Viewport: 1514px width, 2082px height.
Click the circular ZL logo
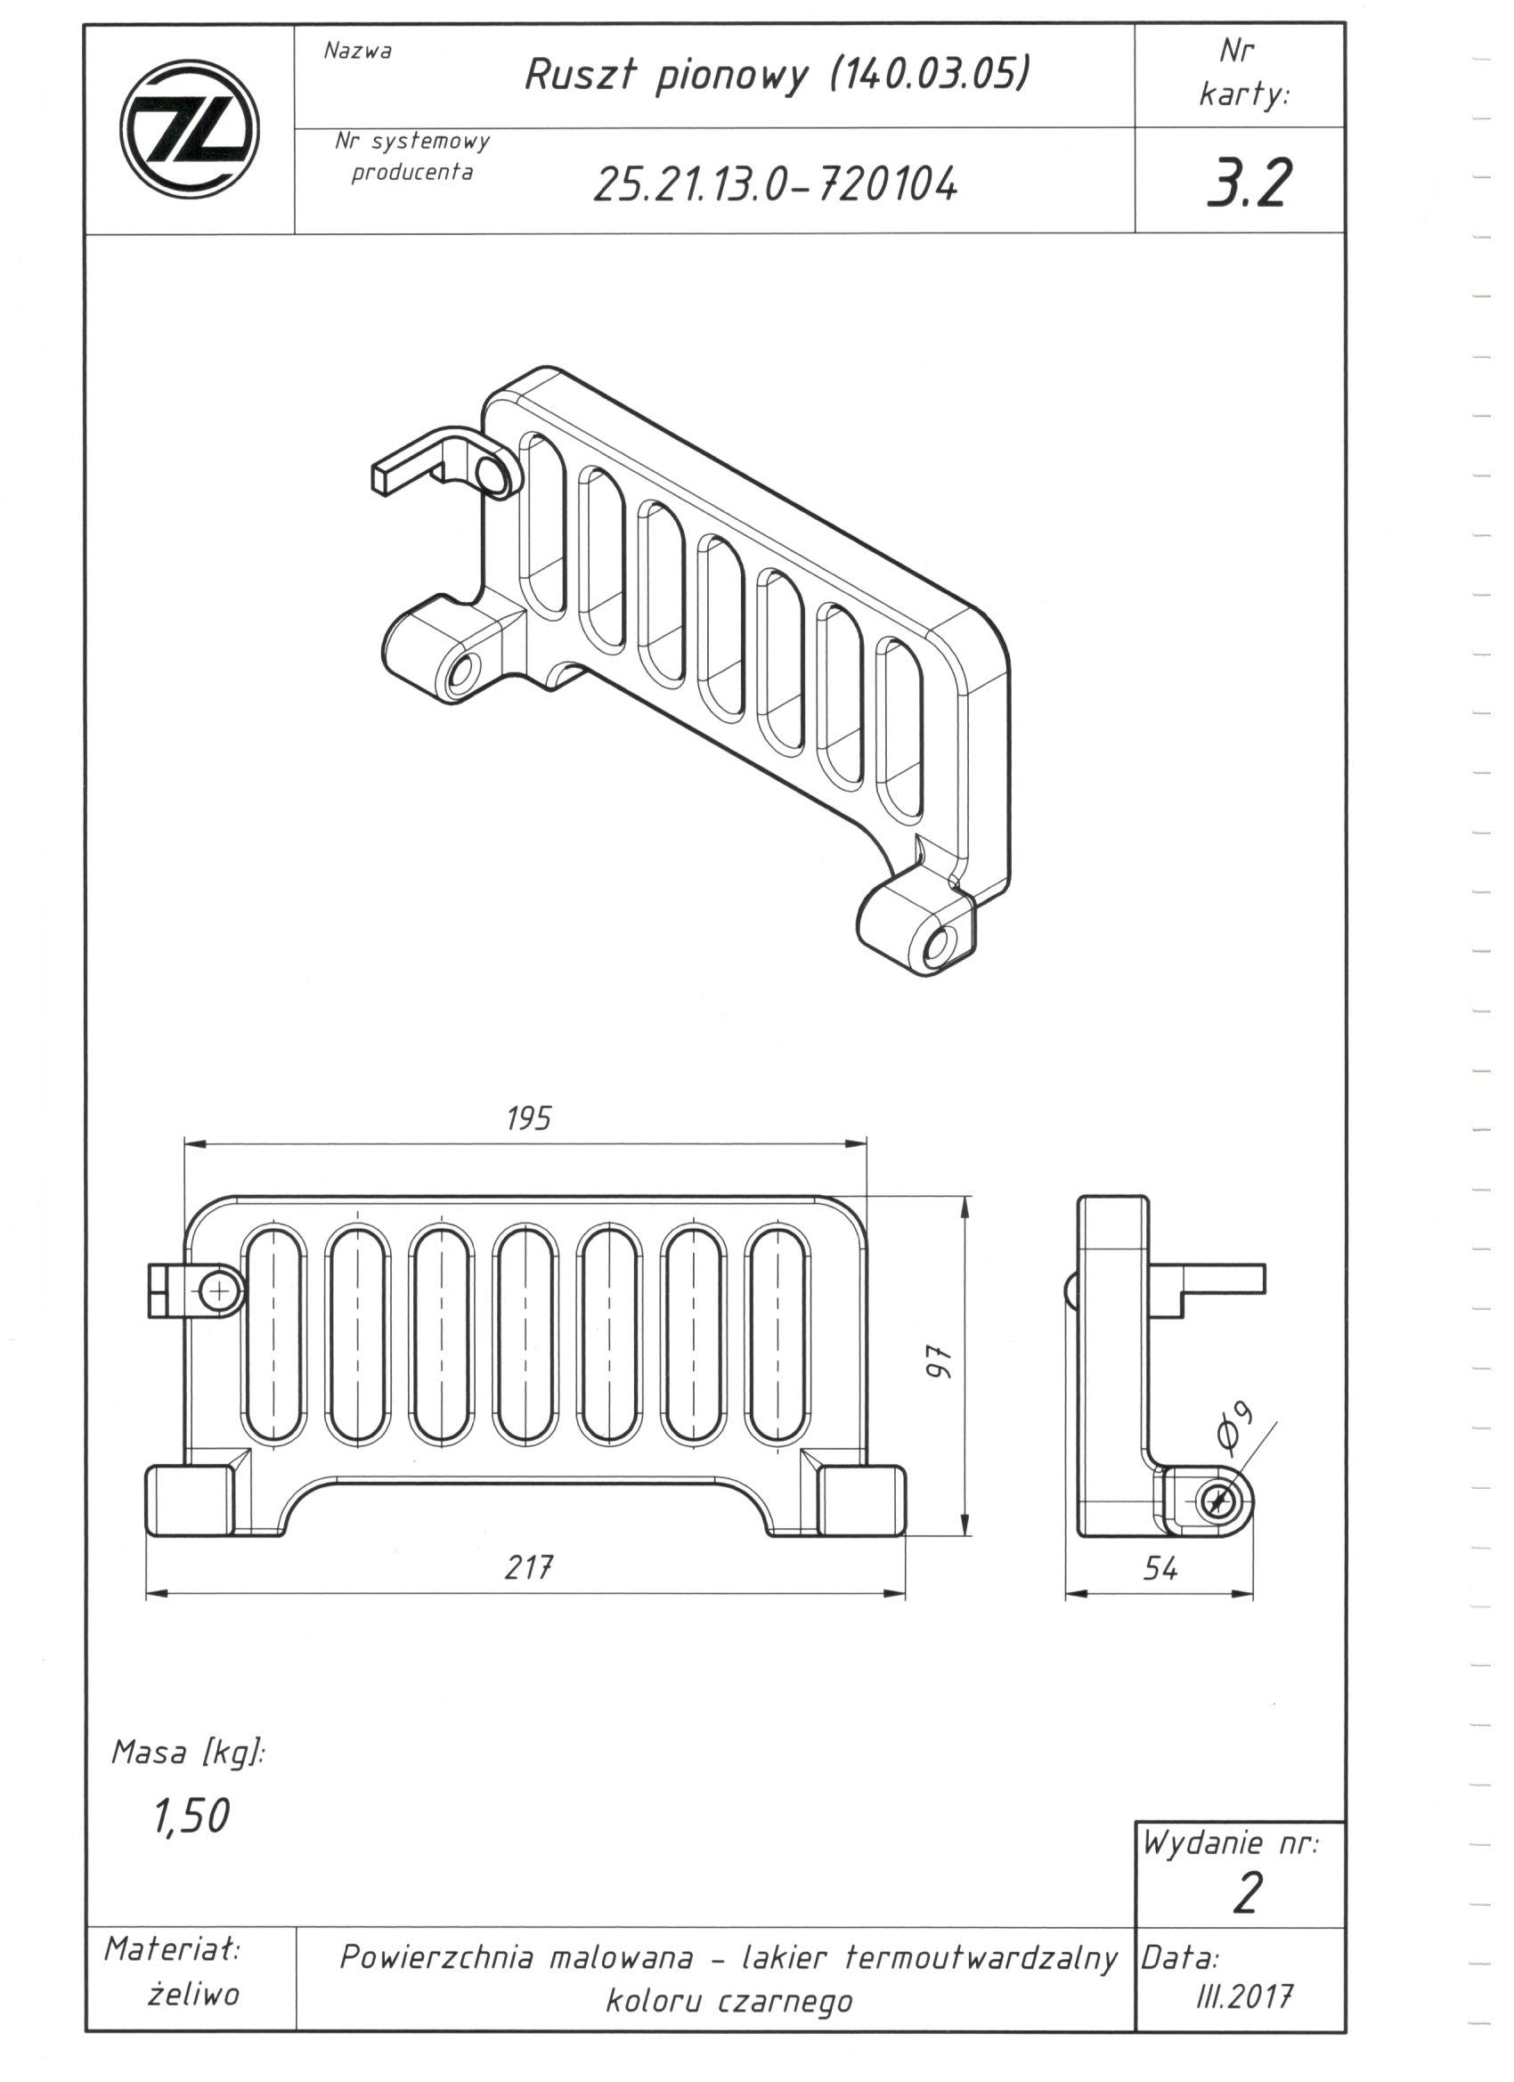point(189,128)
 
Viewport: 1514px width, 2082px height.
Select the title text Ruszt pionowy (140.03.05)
point(776,75)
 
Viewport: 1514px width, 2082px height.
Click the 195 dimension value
point(529,1118)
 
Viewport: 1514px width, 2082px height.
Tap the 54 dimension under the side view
point(1160,1569)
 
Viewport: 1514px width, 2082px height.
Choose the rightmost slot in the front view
point(778,1335)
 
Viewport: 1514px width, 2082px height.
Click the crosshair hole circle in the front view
point(219,1293)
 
